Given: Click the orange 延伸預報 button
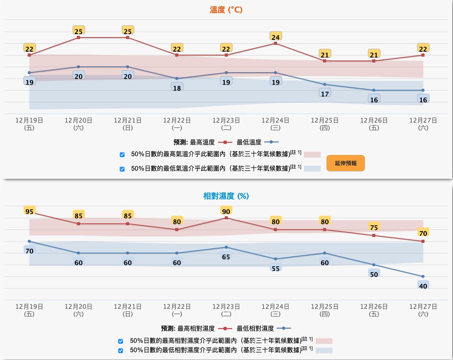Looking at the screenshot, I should [x=345, y=163].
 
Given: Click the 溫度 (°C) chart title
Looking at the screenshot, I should [x=226, y=10].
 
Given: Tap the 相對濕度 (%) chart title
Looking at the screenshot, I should [x=226, y=196].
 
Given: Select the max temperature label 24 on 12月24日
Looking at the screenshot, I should [x=275, y=37].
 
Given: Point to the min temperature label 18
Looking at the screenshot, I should [x=177, y=88].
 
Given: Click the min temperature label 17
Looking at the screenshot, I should [x=325, y=94].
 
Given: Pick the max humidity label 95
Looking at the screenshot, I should [x=29, y=212].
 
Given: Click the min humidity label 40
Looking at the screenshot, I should [x=423, y=286].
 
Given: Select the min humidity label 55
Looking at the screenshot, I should [x=275, y=269].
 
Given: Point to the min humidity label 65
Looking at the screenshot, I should [x=226, y=257].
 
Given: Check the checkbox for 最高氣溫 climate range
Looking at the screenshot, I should [x=122, y=155].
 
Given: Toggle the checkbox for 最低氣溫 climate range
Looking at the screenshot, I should [x=122, y=169].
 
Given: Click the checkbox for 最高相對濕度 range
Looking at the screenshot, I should [x=121, y=341].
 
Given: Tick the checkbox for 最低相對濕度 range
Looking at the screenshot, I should [x=121, y=350].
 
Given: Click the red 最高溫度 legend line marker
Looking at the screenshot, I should [x=225, y=143].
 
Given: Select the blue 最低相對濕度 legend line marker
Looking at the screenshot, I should [x=283, y=329].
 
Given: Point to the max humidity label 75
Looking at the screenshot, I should [x=374, y=228].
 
